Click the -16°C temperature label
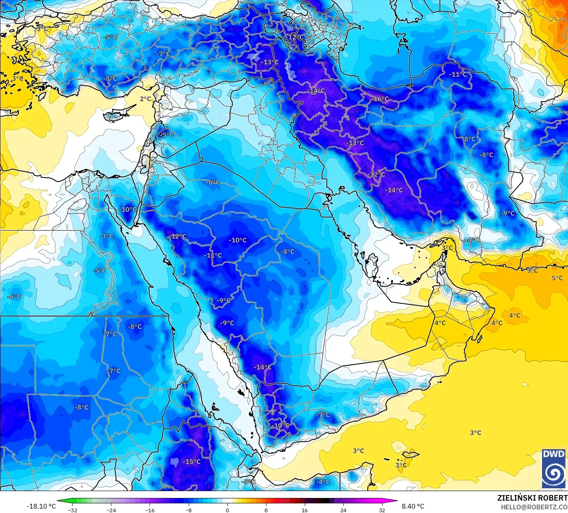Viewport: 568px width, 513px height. pos(381,99)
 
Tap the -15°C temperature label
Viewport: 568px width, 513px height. pos(192,462)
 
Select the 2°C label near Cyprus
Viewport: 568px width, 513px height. pos(145,99)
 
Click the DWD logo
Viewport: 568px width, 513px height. pos(554,469)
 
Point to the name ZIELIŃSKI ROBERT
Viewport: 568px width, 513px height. pos(532,498)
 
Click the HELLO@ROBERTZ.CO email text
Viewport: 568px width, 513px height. pos(534,507)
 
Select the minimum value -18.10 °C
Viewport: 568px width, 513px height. pos(41,506)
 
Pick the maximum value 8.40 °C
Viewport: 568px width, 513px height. pos(413,506)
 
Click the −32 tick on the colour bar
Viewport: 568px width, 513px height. pos(73,510)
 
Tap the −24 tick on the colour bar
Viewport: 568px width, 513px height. pos(111,510)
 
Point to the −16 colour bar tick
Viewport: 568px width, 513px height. pos(150,510)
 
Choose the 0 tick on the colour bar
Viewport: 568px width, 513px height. pos(227,510)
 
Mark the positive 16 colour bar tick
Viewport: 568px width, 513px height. pos(305,510)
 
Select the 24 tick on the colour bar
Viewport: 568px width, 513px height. pos(343,510)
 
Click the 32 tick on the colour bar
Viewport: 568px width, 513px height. pos(382,510)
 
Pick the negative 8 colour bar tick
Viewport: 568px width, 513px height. pos(189,510)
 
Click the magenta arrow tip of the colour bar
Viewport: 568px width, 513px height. pos(396,501)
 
